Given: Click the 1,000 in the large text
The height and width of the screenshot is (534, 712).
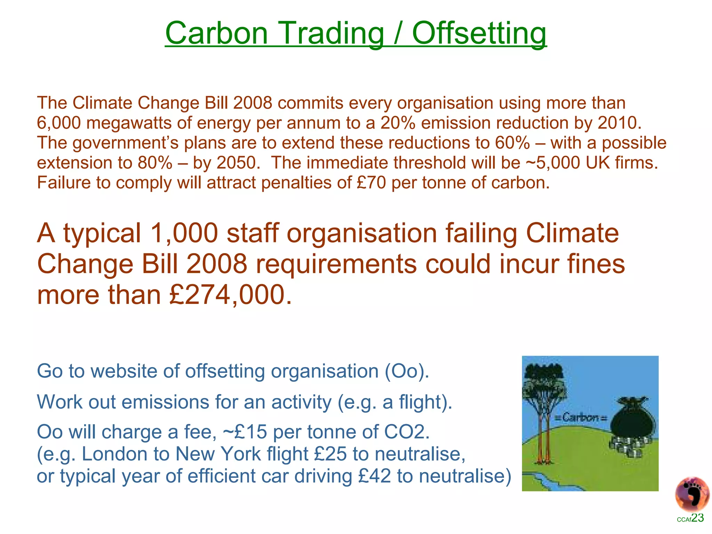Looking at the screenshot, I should click(x=184, y=233).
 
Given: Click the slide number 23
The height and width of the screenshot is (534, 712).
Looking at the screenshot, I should click(x=697, y=518).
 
